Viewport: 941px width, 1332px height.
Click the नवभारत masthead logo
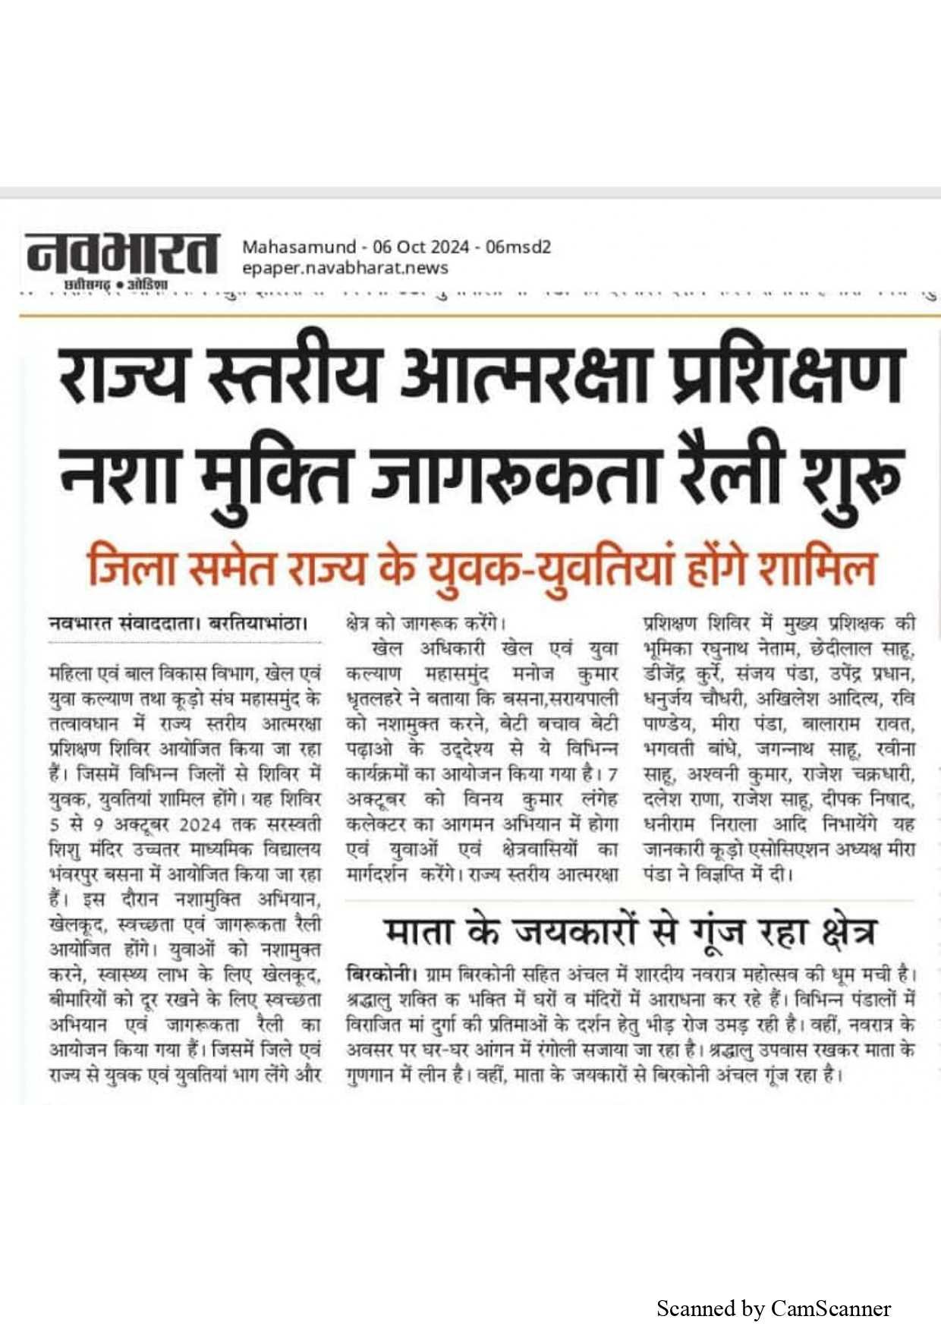point(121,258)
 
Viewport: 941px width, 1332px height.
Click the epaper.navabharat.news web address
point(345,268)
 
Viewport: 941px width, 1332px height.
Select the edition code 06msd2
point(518,247)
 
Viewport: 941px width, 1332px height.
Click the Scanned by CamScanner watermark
point(773,1308)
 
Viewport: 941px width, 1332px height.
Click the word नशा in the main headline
point(119,477)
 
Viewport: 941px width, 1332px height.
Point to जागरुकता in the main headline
point(516,477)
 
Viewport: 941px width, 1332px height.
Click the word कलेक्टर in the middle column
point(383,825)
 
